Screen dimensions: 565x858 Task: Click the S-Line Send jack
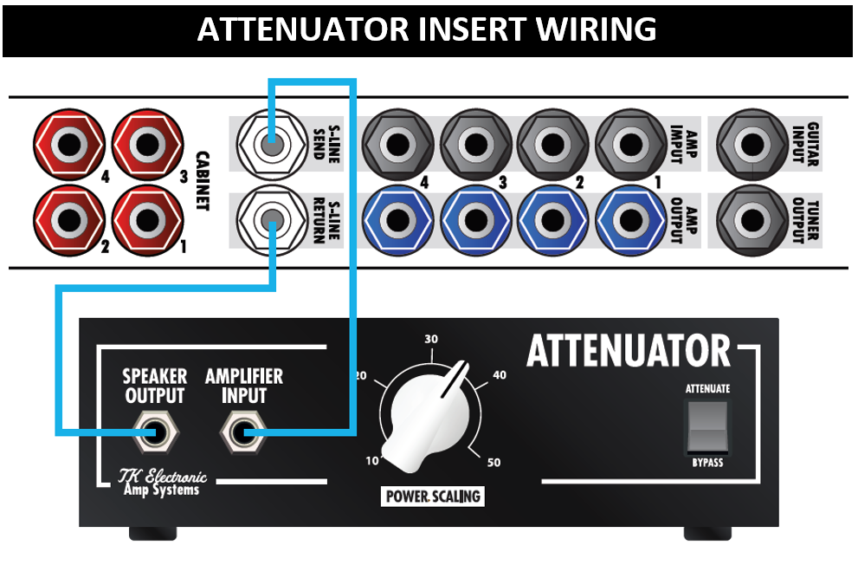tap(269, 140)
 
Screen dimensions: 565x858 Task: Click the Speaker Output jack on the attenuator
tap(156, 432)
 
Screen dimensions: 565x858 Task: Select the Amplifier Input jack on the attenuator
tap(242, 432)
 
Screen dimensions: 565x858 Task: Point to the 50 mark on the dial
tap(494, 462)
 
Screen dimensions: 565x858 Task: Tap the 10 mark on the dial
tap(371, 461)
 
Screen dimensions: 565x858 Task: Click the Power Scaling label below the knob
tap(432, 497)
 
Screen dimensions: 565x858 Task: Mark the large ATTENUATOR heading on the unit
tap(629, 351)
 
